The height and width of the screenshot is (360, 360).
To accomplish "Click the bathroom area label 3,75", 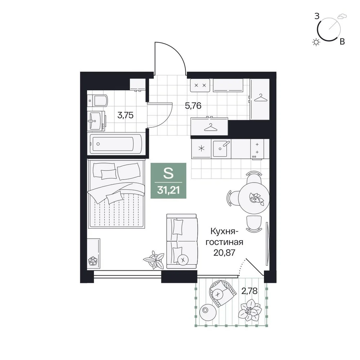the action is [125, 115].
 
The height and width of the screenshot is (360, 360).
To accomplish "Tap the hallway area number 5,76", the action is [193, 105].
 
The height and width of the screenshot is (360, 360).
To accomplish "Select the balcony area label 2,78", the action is [249, 291].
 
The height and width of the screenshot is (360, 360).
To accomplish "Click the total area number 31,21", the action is [168, 190].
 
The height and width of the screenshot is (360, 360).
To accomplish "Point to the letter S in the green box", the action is [168, 174].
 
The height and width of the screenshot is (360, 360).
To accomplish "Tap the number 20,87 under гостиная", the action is [224, 253].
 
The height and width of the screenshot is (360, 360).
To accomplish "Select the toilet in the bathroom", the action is [98, 100].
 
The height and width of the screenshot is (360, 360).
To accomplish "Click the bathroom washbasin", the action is [96, 121].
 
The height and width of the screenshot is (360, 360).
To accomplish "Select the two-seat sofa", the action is [182, 241].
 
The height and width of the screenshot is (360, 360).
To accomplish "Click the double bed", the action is [116, 194].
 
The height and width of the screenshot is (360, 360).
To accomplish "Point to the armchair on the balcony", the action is [222, 293].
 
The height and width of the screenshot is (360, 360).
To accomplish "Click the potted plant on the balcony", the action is [250, 310].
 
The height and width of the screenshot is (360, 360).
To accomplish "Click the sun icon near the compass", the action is [316, 42].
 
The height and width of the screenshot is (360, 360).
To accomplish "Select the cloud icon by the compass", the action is [342, 16].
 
